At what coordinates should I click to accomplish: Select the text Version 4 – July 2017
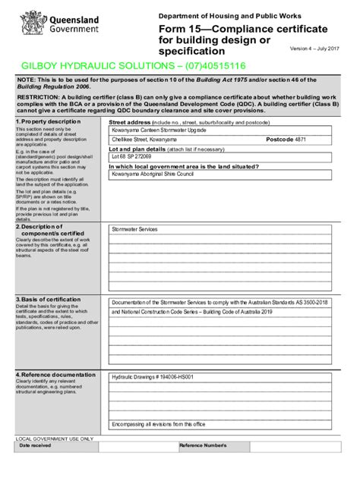(314, 49)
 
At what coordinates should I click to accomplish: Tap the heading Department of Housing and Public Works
(229, 16)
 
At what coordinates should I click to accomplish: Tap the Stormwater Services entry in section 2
(134, 228)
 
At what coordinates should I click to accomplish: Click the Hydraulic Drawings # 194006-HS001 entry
(153, 377)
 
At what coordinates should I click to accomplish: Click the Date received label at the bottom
(35, 445)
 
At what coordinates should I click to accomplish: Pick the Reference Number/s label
(203, 445)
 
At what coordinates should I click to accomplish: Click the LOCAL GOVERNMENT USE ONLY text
(55, 438)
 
